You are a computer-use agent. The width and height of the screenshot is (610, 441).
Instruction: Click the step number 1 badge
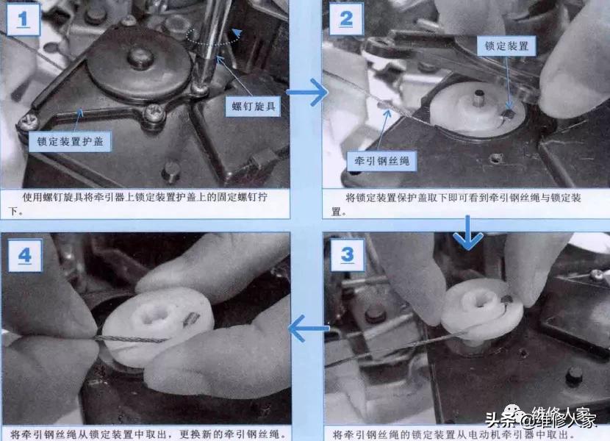coord(25,20)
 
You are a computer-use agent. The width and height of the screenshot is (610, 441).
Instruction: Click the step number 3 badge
coord(347,254)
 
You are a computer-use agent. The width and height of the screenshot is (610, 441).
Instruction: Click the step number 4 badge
coord(25,256)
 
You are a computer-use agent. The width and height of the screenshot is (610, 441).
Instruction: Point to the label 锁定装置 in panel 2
coord(506,46)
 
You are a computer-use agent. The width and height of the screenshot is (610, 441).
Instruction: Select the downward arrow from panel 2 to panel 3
coord(468,234)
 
